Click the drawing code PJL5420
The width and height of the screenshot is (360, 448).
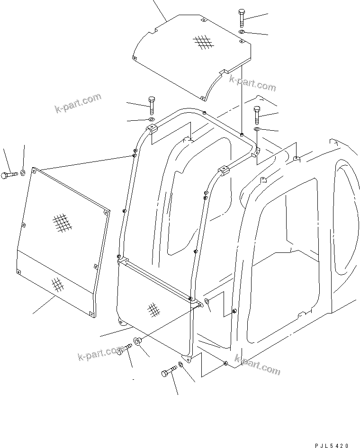[333, 445]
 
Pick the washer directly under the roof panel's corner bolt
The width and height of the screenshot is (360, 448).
[242, 31]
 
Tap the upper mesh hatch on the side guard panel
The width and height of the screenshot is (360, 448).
[60, 222]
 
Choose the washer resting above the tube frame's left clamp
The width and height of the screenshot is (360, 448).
[152, 119]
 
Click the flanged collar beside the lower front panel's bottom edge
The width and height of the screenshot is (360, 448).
[137, 341]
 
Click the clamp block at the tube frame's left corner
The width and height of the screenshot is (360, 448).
[152, 128]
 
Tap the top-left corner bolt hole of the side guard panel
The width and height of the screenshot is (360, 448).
[34, 170]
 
